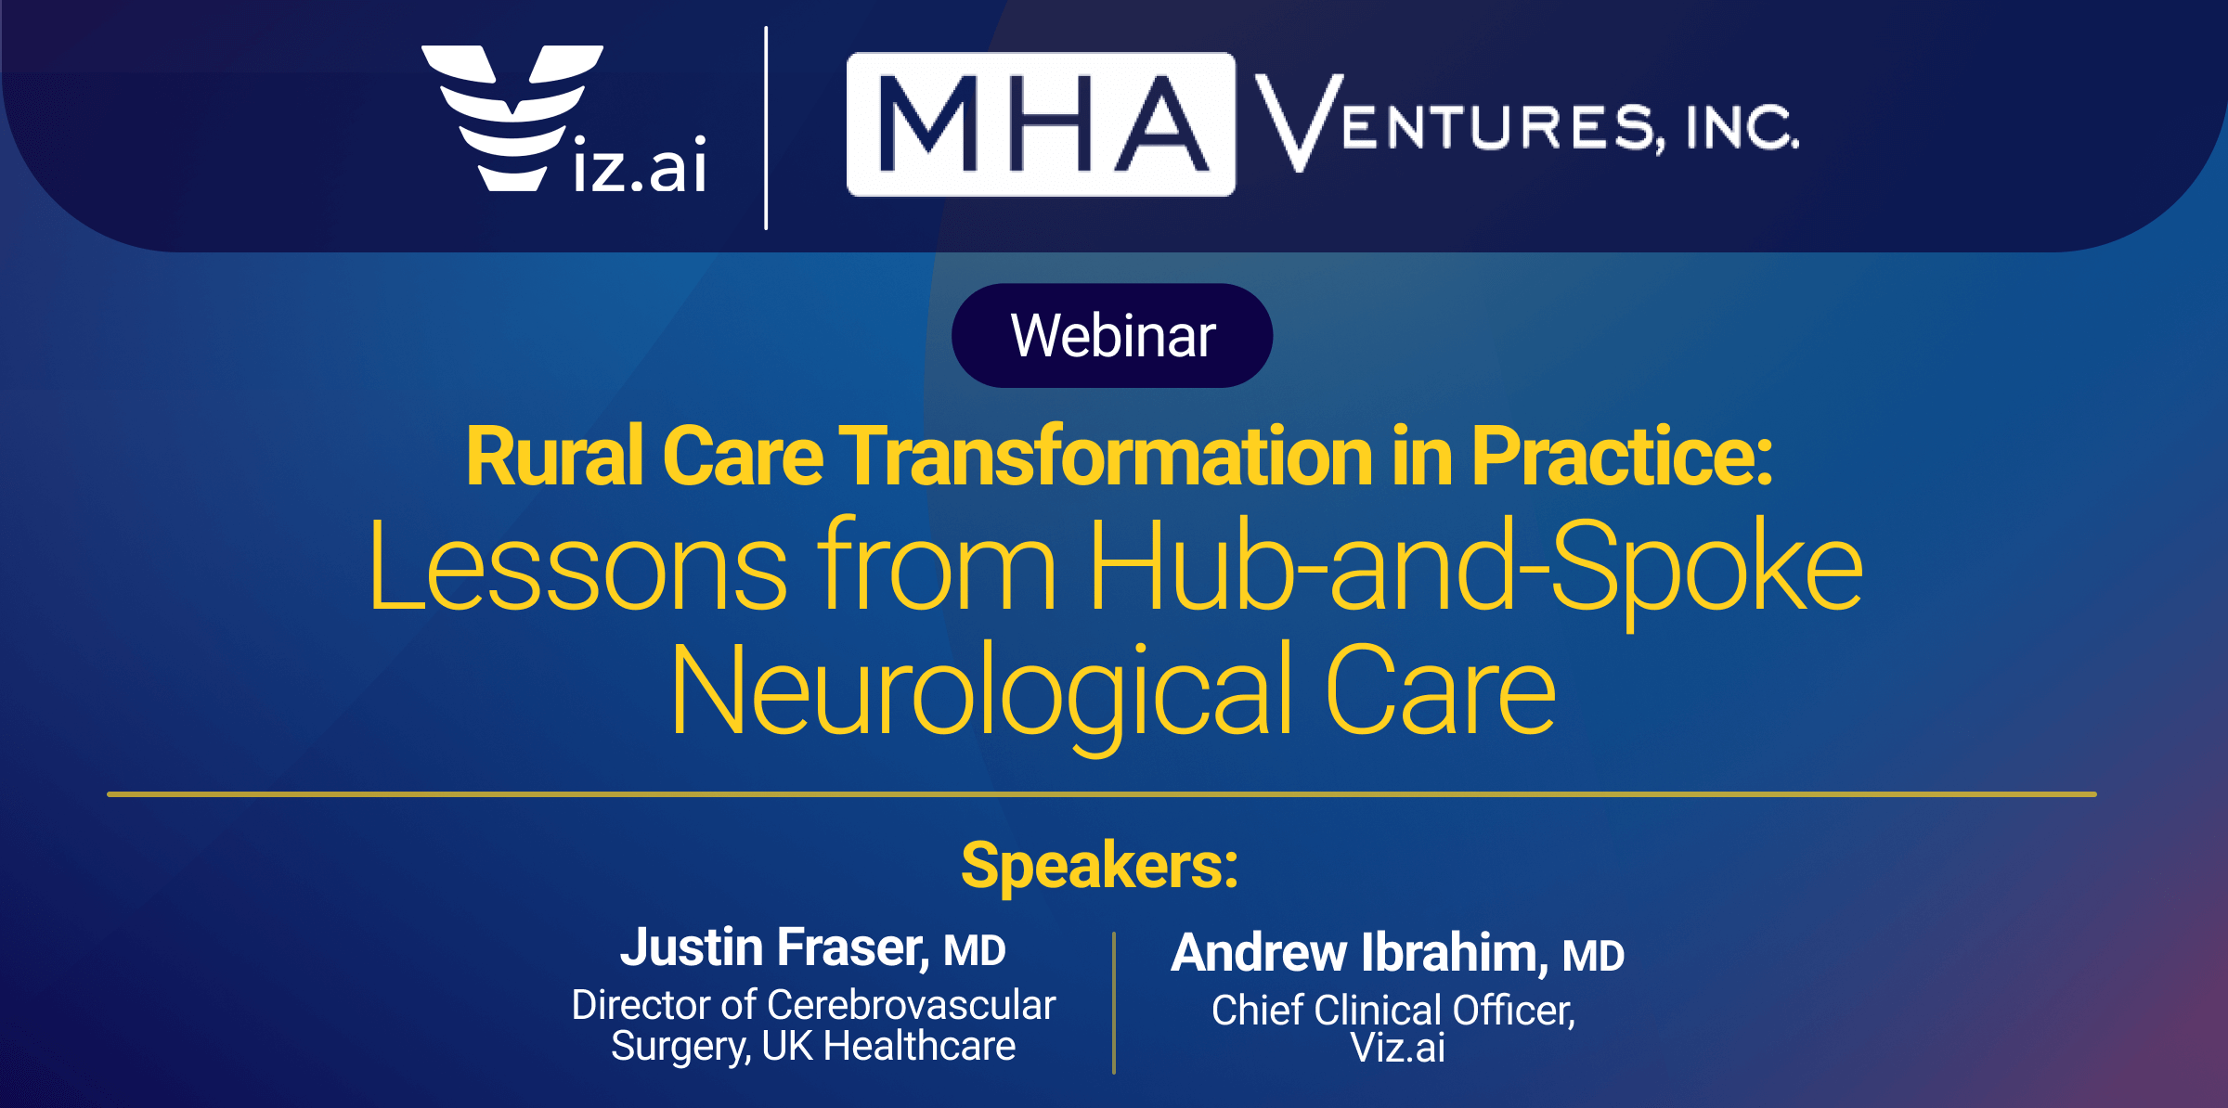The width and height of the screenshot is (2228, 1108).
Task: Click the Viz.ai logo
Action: pos(564,119)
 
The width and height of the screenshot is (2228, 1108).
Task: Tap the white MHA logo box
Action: pos(1041,124)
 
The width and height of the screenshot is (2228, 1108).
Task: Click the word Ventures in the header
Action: pos(1458,122)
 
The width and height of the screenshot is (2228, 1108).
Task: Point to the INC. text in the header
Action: pos(1742,128)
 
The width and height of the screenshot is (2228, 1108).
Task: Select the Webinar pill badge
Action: pos(1112,335)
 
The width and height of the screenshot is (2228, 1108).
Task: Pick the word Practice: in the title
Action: pos(1622,457)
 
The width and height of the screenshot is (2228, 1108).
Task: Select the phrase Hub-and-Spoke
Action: pos(1476,568)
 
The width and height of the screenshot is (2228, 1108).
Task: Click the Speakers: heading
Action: pos(1100,865)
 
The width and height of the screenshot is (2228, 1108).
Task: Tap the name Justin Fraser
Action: pos(774,947)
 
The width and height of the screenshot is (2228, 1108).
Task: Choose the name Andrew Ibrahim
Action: pos(1360,953)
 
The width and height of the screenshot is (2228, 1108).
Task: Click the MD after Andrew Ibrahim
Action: pos(1593,957)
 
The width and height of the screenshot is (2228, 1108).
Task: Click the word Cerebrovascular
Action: pos(912,1005)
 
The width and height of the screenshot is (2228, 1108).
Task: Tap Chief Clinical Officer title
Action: pos(1393,1011)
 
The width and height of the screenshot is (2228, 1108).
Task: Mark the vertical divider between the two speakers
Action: pos(1114,1003)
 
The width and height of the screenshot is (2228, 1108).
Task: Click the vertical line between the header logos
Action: pos(766,128)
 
